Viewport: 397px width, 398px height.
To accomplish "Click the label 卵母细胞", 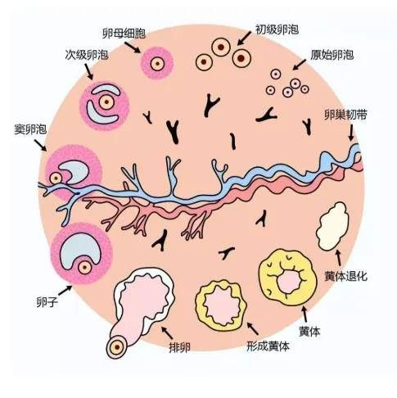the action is [124, 34].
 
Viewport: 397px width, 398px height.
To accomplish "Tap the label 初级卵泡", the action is [277, 29].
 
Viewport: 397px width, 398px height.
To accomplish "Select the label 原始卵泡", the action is [332, 55].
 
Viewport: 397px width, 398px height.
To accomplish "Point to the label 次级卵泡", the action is [87, 55].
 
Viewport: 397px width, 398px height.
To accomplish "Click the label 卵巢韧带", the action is [345, 115].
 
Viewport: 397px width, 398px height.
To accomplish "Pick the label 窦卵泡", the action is [30, 129].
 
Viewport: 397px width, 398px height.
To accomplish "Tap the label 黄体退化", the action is [346, 276].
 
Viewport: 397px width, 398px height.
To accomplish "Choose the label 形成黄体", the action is [268, 346].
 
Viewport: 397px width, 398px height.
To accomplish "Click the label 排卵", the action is [179, 347].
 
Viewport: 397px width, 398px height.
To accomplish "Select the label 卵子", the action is [47, 302].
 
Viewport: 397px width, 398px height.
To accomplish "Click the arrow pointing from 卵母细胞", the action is [133, 47].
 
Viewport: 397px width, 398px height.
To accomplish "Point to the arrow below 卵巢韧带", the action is [351, 133].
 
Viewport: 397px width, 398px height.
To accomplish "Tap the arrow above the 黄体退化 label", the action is [339, 258].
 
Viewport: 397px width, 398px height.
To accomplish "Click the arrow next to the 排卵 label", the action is [167, 332].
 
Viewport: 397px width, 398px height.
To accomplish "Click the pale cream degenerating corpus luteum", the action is [332, 226].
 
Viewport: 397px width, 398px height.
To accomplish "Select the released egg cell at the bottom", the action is [117, 347].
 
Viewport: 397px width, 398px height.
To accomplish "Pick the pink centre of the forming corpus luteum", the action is [223, 305].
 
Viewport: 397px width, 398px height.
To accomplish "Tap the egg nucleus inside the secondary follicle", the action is [106, 102].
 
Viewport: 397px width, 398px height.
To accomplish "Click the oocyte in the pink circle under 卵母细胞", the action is [157, 64].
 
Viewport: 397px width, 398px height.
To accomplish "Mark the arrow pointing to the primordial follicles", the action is [300, 65].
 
